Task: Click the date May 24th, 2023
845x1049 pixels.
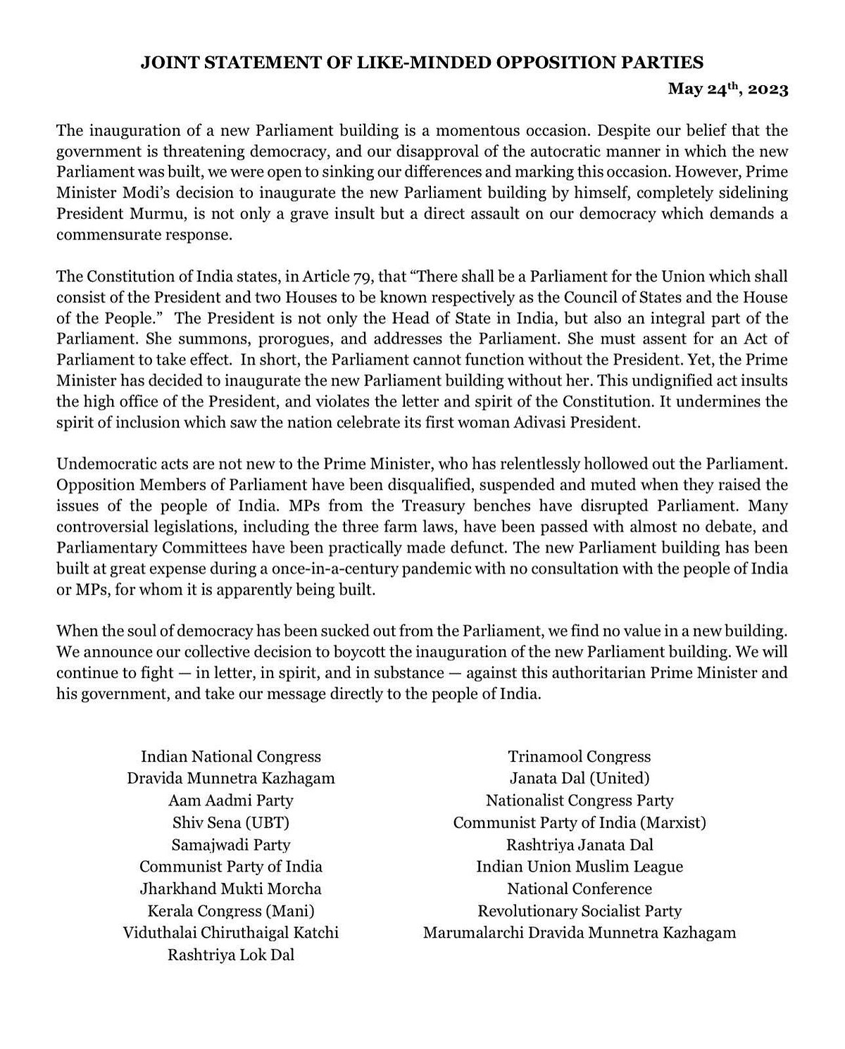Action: click(x=728, y=89)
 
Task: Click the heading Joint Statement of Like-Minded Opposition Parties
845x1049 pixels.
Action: click(x=422, y=63)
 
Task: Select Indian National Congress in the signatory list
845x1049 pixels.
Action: click(x=231, y=757)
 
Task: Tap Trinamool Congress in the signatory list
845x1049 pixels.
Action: click(x=580, y=757)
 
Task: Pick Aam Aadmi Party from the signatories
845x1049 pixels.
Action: click(x=231, y=800)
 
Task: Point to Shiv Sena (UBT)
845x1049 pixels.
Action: click(x=231, y=822)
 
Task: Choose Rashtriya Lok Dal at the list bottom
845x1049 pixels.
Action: click(x=231, y=955)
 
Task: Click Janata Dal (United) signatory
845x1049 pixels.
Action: click(x=580, y=779)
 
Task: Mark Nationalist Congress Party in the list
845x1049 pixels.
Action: click(x=580, y=800)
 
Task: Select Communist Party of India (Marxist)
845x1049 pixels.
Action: click(x=580, y=822)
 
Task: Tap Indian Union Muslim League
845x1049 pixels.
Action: click(x=580, y=867)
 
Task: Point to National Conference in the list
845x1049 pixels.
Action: click(x=580, y=888)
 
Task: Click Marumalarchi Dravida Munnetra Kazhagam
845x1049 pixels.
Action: click(x=580, y=933)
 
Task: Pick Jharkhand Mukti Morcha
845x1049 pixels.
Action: click(x=231, y=888)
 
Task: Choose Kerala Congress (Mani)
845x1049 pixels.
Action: click(x=231, y=911)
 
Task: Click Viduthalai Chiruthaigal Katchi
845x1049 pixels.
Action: click(x=231, y=933)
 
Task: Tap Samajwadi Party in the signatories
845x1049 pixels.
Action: click(x=231, y=845)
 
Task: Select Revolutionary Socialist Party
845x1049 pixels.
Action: click(x=580, y=911)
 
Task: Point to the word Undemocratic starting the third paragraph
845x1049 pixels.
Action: click(x=102, y=465)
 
